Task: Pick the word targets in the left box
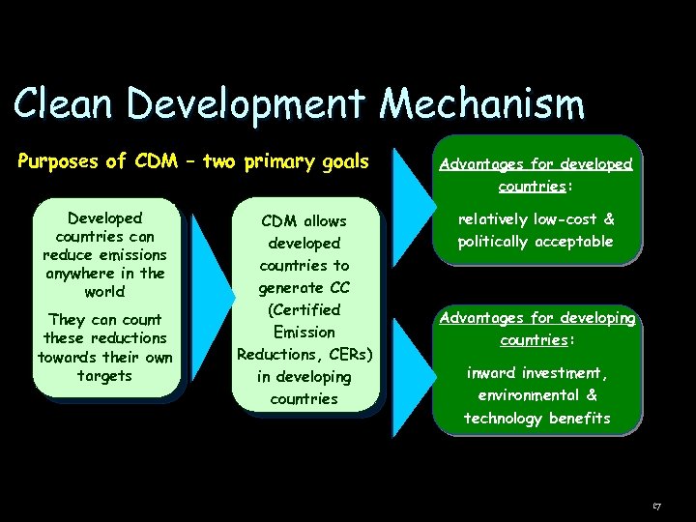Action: click(104, 375)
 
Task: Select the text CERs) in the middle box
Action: click(345, 354)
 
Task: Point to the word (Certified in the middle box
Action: click(304, 310)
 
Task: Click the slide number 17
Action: click(656, 506)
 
